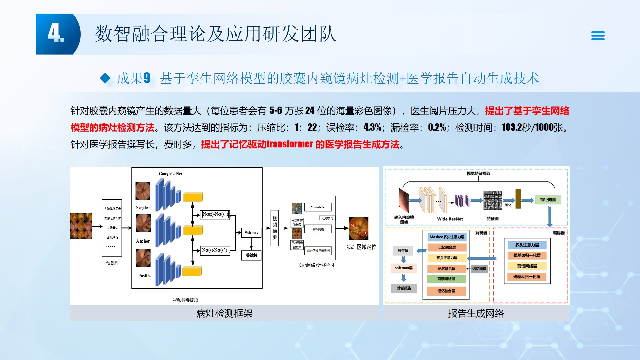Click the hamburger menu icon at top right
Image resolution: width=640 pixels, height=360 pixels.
(598, 36)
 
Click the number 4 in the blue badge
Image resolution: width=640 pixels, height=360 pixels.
(55, 34)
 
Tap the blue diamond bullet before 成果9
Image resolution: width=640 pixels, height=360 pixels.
(105, 78)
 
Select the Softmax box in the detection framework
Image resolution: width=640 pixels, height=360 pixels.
(251, 233)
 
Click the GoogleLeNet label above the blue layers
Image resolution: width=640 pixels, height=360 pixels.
(171, 174)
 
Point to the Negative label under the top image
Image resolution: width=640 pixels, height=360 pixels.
(143, 207)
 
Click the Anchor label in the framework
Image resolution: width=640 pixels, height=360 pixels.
(143, 241)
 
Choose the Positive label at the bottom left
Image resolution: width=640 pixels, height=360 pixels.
(145, 276)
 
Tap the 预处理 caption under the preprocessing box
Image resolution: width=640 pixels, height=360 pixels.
(112, 263)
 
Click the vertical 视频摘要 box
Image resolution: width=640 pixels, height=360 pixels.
(275, 228)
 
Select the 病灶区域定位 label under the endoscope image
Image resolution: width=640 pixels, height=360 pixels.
(361, 247)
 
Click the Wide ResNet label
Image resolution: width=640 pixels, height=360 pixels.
(450, 219)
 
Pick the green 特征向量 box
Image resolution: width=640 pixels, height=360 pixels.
(548, 200)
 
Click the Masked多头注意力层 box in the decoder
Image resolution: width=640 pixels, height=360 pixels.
(447, 237)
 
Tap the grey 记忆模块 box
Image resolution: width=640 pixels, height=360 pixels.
(479, 268)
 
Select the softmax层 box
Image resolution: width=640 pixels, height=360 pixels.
(404, 268)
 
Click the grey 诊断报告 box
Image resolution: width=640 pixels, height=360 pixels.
(404, 288)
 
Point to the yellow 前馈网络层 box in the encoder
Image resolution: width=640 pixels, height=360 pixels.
(527, 266)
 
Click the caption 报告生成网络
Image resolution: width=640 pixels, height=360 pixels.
(476, 313)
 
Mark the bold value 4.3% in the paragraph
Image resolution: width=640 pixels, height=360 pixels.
(372, 127)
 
